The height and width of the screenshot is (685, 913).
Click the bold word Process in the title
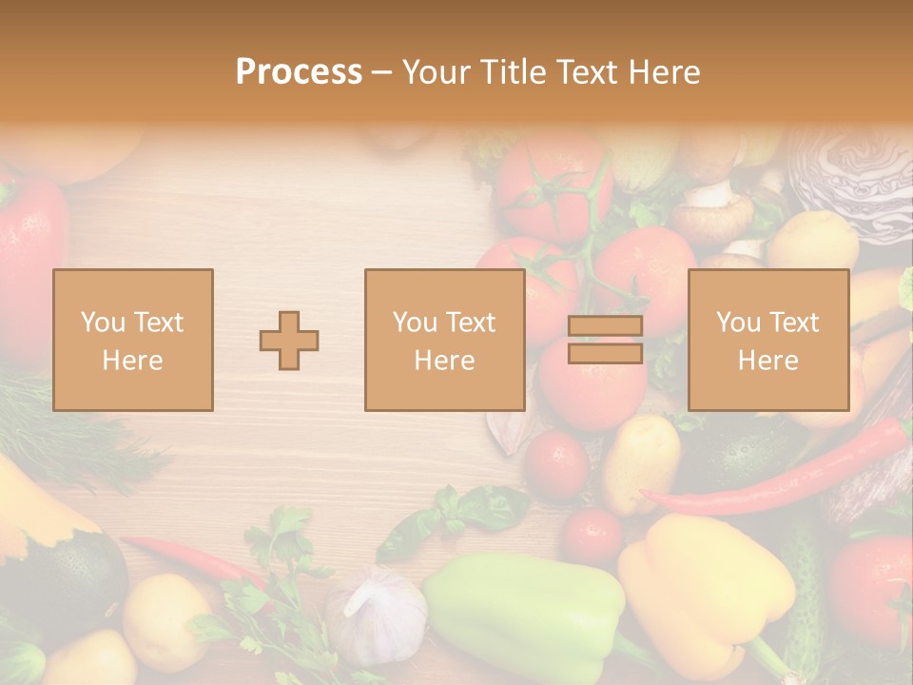[299, 71]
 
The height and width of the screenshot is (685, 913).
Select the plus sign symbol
[289, 341]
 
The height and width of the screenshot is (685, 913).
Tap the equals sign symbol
[605, 340]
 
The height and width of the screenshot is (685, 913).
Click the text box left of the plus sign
[133, 340]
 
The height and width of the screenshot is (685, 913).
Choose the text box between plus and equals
[444, 340]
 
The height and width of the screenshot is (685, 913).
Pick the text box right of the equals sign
[767, 340]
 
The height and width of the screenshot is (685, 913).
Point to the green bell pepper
[523, 609]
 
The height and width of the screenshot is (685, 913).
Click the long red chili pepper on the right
[780, 476]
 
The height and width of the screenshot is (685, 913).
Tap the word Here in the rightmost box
[767, 360]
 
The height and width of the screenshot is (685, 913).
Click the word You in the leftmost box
[102, 322]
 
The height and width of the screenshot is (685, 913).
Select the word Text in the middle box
[470, 322]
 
